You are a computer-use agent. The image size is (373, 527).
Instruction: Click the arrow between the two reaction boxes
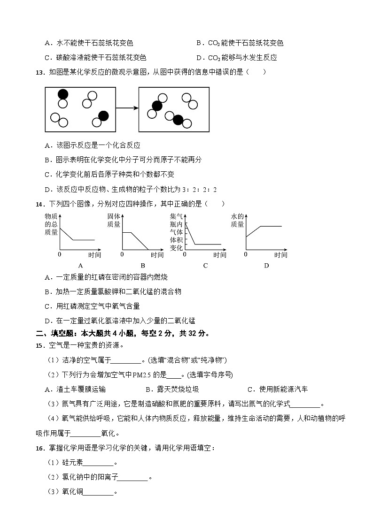[127, 108]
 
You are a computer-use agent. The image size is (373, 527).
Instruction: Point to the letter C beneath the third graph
[205, 266]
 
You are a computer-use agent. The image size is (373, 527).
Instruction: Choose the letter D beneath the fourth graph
[266, 266]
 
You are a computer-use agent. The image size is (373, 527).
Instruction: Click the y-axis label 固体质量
[114, 221]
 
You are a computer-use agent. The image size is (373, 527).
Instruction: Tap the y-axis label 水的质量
[238, 221]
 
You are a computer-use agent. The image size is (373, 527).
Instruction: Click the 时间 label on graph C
[220, 255]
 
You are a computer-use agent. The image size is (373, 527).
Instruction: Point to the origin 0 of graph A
[60, 254]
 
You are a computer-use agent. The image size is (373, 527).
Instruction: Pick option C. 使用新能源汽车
[277, 389]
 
